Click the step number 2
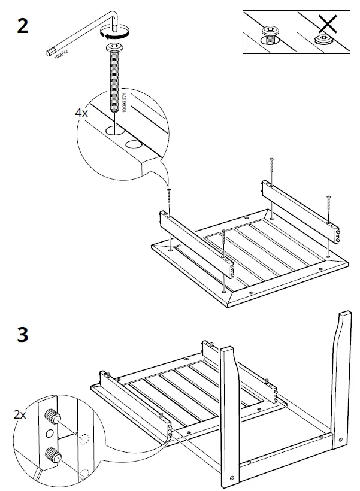pos(22,27)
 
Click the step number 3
pos(22,334)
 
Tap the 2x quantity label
pos(19,414)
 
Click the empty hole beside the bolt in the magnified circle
pos(134,144)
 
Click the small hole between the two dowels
pos(50,433)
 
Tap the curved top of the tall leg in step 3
pos(346,320)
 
